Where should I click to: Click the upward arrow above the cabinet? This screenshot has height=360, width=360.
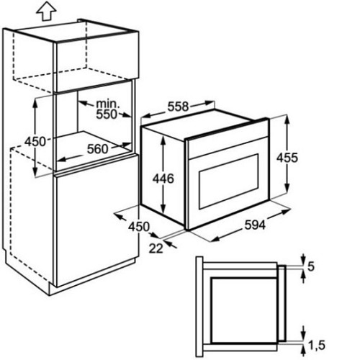tap(46, 12)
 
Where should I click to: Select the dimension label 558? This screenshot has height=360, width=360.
tap(178, 107)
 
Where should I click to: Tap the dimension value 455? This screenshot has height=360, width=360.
tap(287, 158)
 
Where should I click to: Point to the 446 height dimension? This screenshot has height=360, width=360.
tap(163, 179)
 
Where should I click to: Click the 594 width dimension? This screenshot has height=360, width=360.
tap(255, 225)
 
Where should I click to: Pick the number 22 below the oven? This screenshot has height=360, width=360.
tap(156, 248)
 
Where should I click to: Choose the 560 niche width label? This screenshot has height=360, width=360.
tap(98, 149)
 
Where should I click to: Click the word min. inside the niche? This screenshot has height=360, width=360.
tap(107, 104)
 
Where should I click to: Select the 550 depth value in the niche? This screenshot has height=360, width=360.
tap(107, 114)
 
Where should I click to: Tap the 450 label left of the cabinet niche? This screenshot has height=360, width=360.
tap(35, 141)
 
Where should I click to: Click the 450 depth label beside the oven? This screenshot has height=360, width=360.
tap(139, 227)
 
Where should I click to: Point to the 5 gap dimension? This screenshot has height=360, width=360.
tap(311, 266)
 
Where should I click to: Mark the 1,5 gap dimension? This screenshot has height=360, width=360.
tap(316, 346)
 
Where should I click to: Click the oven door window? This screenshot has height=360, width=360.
tap(228, 181)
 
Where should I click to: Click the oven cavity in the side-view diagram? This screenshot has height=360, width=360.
tap(244, 310)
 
